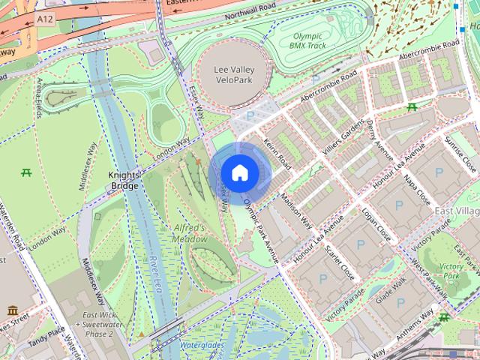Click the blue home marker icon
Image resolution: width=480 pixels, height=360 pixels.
tap(239, 173)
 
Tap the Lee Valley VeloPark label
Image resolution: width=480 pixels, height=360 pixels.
tap(232, 73)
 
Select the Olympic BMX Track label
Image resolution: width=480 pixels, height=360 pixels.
tap(307, 40)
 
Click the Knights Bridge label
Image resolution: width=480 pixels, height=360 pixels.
tap(124, 178)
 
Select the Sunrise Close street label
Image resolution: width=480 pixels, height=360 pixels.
tap(460, 151)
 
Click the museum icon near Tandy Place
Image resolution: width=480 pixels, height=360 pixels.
tap(13, 310)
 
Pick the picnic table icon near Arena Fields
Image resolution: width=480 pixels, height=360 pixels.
tap(27, 172)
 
